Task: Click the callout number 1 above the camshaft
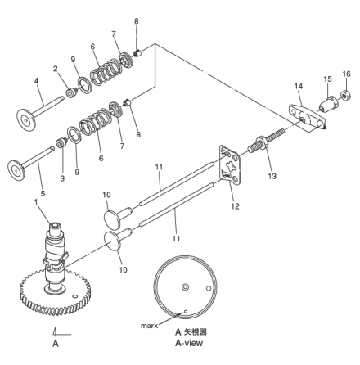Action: (36, 202)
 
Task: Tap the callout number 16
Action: (346, 74)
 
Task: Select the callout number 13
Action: (272, 176)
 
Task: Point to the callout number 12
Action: (235, 206)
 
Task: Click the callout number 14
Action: (299, 86)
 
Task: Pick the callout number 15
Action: (328, 79)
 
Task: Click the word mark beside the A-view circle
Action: (149, 326)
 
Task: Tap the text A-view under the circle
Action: (189, 343)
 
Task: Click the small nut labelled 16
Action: (345, 96)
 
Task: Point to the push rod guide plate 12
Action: (230, 165)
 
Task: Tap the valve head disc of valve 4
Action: (26, 119)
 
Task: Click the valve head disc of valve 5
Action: (16, 170)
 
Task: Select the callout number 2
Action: (56, 69)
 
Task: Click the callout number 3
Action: (62, 178)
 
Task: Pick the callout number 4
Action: (36, 81)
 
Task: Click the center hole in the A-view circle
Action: (186, 287)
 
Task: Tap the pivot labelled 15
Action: (328, 104)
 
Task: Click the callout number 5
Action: (43, 194)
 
